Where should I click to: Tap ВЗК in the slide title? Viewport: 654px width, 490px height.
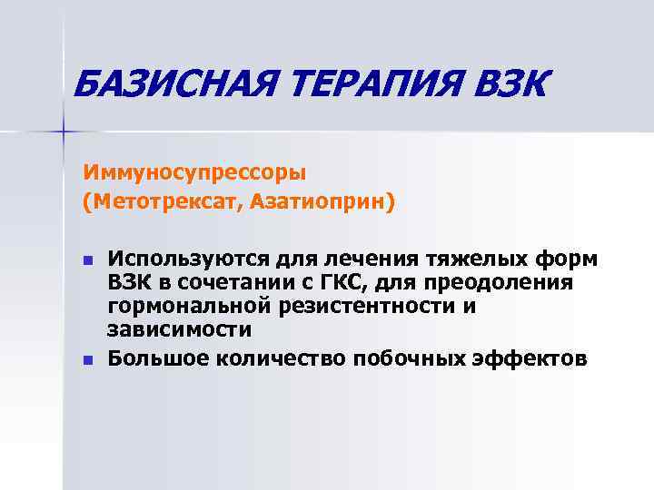click(x=510, y=87)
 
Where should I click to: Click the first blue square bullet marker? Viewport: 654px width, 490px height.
click(x=87, y=260)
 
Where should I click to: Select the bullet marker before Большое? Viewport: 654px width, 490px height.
click(x=87, y=360)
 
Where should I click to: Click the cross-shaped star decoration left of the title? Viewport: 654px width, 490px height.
click(x=64, y=132)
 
